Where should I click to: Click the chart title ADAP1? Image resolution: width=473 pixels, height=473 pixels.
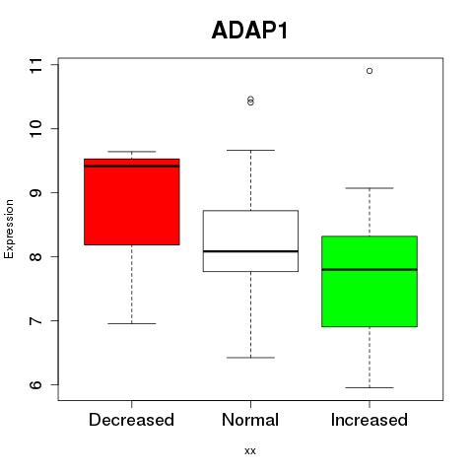[249, 31]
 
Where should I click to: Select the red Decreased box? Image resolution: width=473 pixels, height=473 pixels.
[132, 202]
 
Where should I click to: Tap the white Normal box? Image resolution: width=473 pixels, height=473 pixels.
[250, 240]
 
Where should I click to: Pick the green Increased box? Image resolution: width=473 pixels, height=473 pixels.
[370, 281]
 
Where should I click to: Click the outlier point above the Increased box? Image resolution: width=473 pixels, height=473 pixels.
[370, 71]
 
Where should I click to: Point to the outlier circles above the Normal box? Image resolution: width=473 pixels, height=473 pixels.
[250, 101]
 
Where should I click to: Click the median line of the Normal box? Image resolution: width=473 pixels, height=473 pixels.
[250, 251]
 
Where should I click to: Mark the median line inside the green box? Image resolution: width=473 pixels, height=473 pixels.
[370, 269]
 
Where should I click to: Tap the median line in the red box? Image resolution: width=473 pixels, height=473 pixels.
[132, 167]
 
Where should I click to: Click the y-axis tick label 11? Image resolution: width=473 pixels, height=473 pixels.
[36, 65]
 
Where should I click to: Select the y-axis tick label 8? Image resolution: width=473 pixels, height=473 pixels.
[36, 256]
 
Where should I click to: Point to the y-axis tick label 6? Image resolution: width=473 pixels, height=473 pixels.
[36, 384]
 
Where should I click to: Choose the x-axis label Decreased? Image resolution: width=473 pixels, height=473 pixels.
[131, 420]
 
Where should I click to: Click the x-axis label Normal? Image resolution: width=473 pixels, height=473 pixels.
[250, 420]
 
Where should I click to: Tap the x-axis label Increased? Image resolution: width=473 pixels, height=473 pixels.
[370, 420]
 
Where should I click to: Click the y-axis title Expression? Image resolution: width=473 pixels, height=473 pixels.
[9, 229]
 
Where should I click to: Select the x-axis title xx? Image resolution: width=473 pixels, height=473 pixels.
[250, 451]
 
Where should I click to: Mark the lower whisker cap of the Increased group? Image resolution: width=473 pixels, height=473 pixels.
[370, 387]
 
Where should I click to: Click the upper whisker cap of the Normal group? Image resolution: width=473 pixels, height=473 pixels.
[250, 150]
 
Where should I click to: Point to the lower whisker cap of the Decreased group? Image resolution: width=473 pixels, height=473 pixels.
[132, 323]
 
